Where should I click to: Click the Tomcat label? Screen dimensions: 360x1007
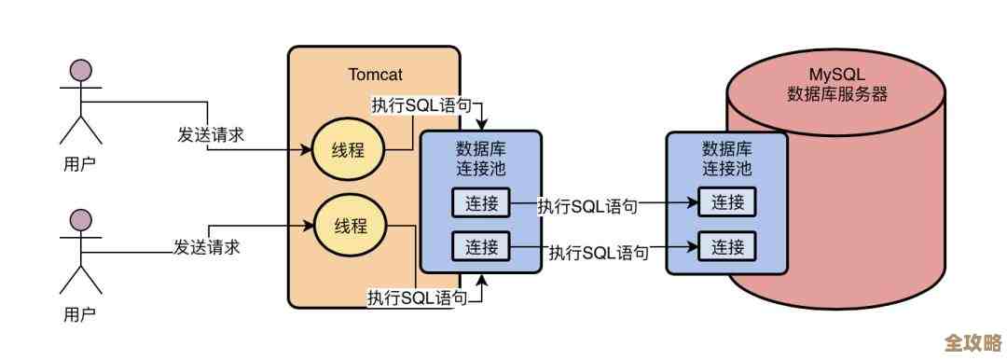tap(375, 74)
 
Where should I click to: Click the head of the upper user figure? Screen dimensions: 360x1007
tap(83, 70)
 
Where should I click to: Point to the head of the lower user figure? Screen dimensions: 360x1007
tap(83, 220)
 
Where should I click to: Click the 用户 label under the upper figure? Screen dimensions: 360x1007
tap(79, 165)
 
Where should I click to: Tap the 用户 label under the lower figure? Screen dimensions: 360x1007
tap(79, 313)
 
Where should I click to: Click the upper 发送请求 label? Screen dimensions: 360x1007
tap(211, 133)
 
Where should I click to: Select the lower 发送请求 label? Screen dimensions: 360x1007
tap(207, 247)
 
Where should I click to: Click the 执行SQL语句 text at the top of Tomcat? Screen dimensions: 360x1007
tap(419, 105)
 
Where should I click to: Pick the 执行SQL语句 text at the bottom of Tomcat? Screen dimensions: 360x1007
tap(417, 298)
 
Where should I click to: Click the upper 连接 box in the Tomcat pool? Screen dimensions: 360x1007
tap(481, 202)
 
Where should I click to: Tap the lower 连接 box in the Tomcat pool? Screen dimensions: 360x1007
tap(481, 246)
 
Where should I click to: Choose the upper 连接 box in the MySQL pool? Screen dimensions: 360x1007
tap(727, 202)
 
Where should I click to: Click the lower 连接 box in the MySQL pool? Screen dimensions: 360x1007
tap(727, 246)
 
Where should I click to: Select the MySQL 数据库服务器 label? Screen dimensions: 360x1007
tap(836, 84)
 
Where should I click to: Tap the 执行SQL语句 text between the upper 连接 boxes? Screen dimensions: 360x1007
tap(587, 206)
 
